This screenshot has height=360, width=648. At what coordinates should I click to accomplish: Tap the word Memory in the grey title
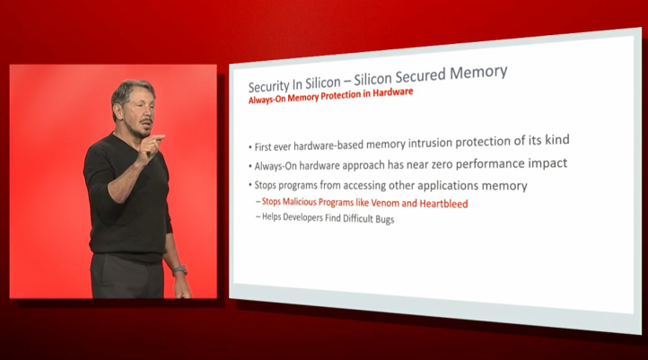(478, 73)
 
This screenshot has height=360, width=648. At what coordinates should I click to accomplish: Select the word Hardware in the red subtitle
(393, 92)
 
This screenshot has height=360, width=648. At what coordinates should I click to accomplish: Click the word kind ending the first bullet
(557, 140)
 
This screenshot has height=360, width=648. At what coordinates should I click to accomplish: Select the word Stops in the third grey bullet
(265, 185)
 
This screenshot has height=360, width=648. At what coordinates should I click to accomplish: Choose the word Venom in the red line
(385, 203)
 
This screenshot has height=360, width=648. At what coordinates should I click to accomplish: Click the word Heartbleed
(443, 204)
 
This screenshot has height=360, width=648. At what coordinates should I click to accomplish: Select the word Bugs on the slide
(384, 219)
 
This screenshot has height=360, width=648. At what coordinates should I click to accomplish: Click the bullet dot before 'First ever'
(250, 147)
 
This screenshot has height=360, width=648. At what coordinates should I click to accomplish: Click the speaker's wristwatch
(180, 271)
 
